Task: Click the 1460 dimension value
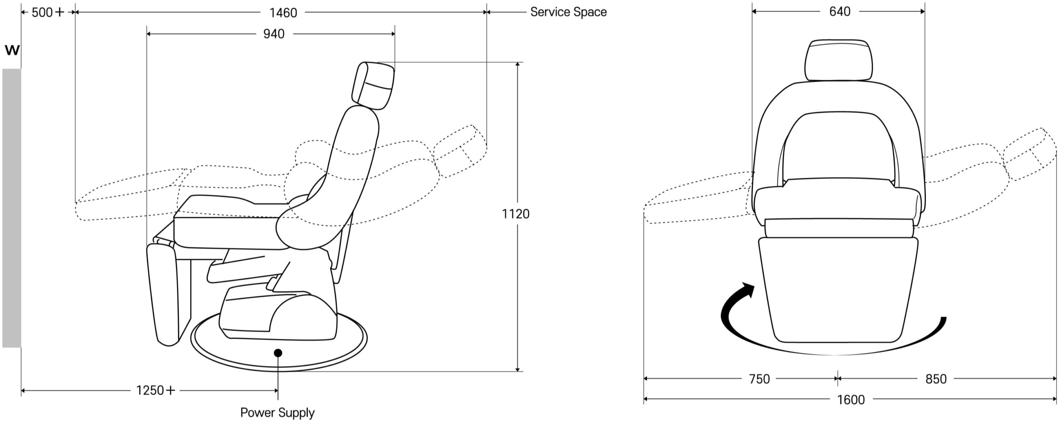[x=283, y=13]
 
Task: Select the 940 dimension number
[x=274, y=34]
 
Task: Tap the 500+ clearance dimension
[x=48, y=12]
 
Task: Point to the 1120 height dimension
[x=515, y=214]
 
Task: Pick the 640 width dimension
[x=840, y=12]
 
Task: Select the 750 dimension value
[x=759, y=379]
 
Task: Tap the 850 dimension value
[x=936, y=379]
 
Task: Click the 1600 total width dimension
[x=851, y=400]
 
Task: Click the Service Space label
[x=568, y=12]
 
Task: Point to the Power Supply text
[x=278, y=412]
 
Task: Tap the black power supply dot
[x=278, y=353]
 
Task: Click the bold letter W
[x=12, y=50]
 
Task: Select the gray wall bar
[x=12, y=208]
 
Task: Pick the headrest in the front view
[x=839, y=61]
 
